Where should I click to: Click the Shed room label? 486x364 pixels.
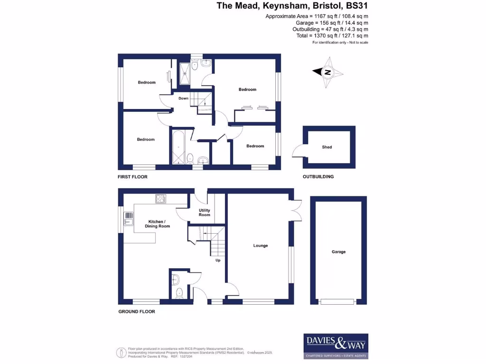click(327, 147)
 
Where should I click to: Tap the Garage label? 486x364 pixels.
click(338, 252)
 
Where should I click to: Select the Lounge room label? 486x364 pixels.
click(261, 246)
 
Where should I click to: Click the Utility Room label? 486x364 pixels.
click(205, 213)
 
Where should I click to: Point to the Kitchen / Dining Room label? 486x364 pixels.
click(158, 224)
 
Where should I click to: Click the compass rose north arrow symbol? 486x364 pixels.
click(327, 73)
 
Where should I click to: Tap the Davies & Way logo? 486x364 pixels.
click(336, 346)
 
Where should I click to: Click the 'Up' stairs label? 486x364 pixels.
click(218, 260)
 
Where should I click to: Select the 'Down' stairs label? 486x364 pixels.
click(183, 99)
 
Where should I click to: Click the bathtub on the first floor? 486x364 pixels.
click(178, 147)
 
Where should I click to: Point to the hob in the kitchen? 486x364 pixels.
click(160, 199)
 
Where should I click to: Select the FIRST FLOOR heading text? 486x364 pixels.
click(133, 177)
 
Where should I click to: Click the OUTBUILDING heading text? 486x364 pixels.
click(318, 177)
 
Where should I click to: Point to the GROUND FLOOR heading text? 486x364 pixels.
click(137, 311)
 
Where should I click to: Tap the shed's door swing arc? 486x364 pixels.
click(298, 151)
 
